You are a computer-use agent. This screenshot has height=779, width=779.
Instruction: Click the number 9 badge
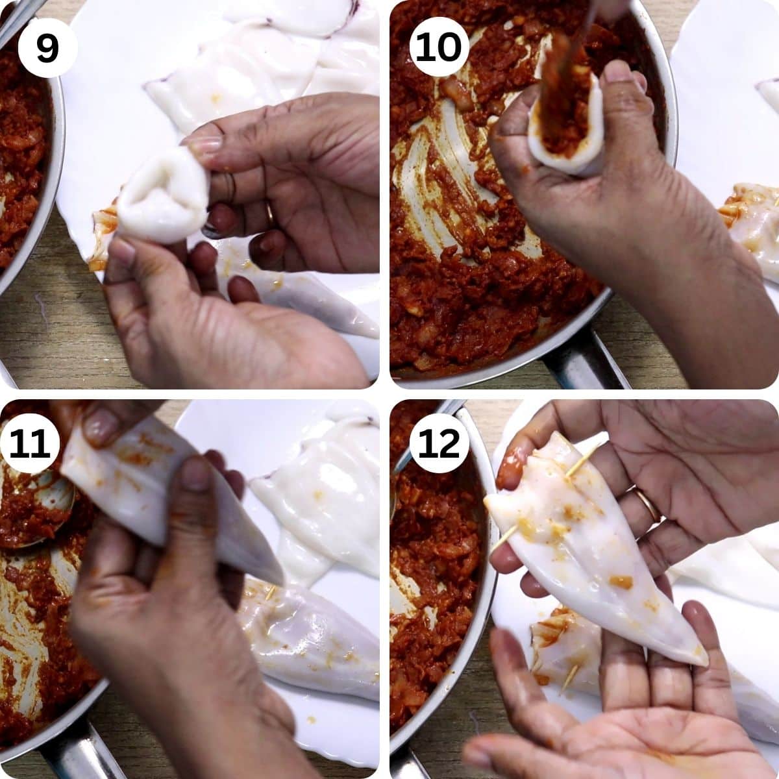[47, 47]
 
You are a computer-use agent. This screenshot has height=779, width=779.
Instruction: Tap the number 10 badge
[439, 47]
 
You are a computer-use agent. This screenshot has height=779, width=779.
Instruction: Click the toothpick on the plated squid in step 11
[269, 592]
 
